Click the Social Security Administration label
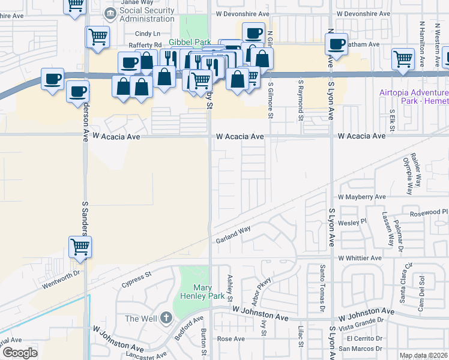[146, 15]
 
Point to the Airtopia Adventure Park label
[414, 97]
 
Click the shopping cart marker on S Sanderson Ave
[80, 246]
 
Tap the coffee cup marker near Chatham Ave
[336, 43]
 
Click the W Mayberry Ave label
[362, 196]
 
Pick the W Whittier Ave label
[360, 258]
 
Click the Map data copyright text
[423, 355]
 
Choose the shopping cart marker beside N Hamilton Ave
[403, 58]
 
